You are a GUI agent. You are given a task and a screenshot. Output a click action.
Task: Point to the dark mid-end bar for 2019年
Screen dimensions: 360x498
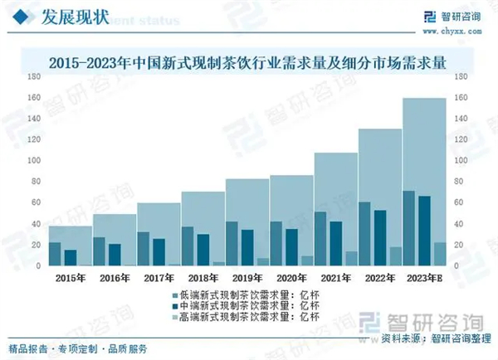tap(247, 247)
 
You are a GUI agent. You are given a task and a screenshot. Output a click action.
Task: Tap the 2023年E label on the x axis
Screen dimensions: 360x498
tap(423, 276)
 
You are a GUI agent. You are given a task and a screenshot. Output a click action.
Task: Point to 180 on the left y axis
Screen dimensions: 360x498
tap(34, 76)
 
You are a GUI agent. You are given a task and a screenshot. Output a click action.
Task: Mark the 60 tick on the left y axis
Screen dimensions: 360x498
tap(36, 203)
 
